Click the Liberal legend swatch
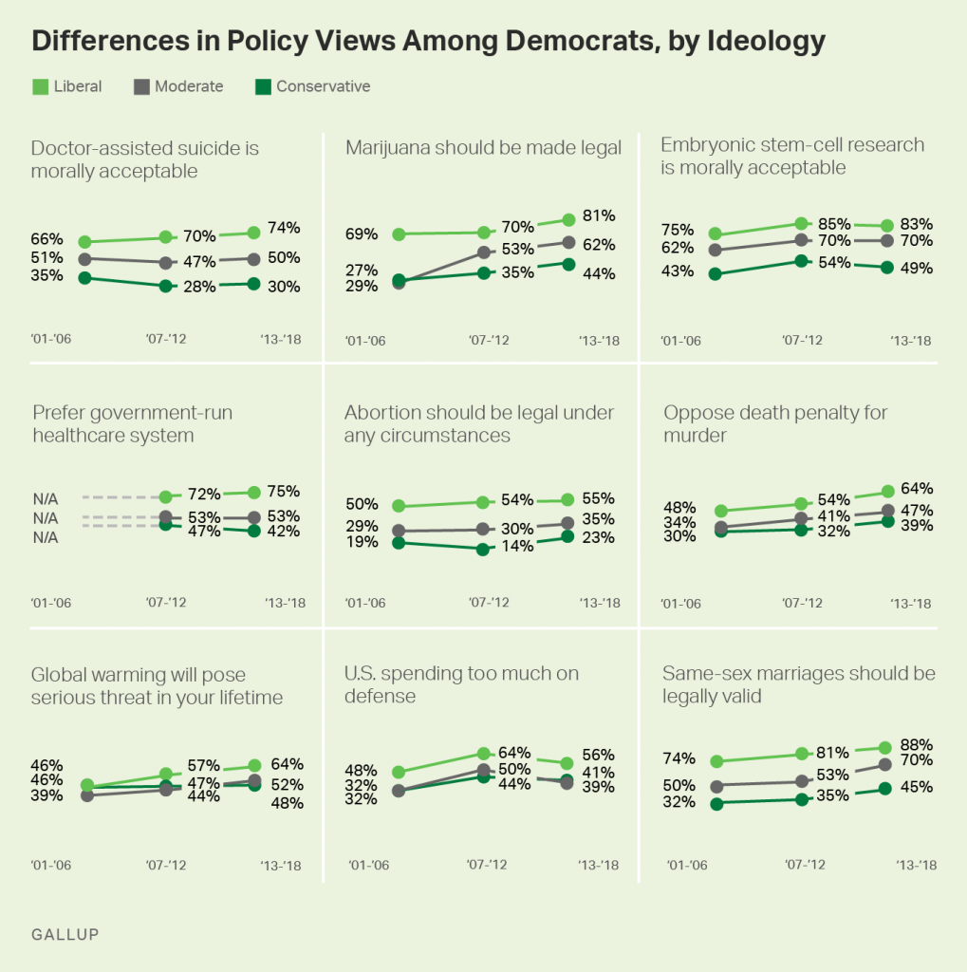pos(40,86)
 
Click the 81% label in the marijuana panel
pos(600,215)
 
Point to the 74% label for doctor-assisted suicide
pos(284,228)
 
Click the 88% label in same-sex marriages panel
pos(917,744)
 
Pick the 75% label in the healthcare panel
pos(283,492)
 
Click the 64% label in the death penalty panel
pos(917,488)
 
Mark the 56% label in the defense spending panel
pos(599,757)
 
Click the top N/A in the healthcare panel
pos(46,496)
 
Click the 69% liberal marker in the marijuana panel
pos(399,234)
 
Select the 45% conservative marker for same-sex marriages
pos(885,788)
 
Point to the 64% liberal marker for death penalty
pos(887,491)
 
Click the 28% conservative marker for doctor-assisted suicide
pos(166,286)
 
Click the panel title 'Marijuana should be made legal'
pos(483,147)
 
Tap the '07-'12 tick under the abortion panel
pos(490,603)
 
